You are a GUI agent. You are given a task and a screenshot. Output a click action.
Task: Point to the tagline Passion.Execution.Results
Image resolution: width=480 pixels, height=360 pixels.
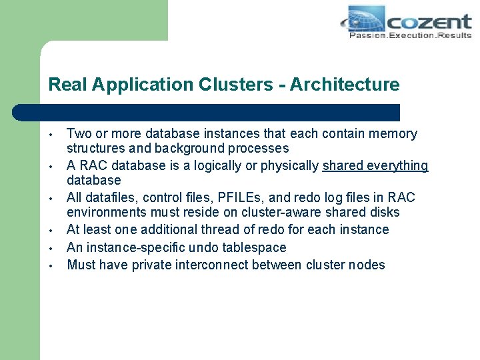click(x=410, y=35)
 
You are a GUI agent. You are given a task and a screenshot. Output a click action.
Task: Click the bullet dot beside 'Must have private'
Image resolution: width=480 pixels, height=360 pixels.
click(x=51, y=265)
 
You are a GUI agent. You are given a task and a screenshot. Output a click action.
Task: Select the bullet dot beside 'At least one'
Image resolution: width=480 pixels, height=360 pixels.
click(x=51, y=230)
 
